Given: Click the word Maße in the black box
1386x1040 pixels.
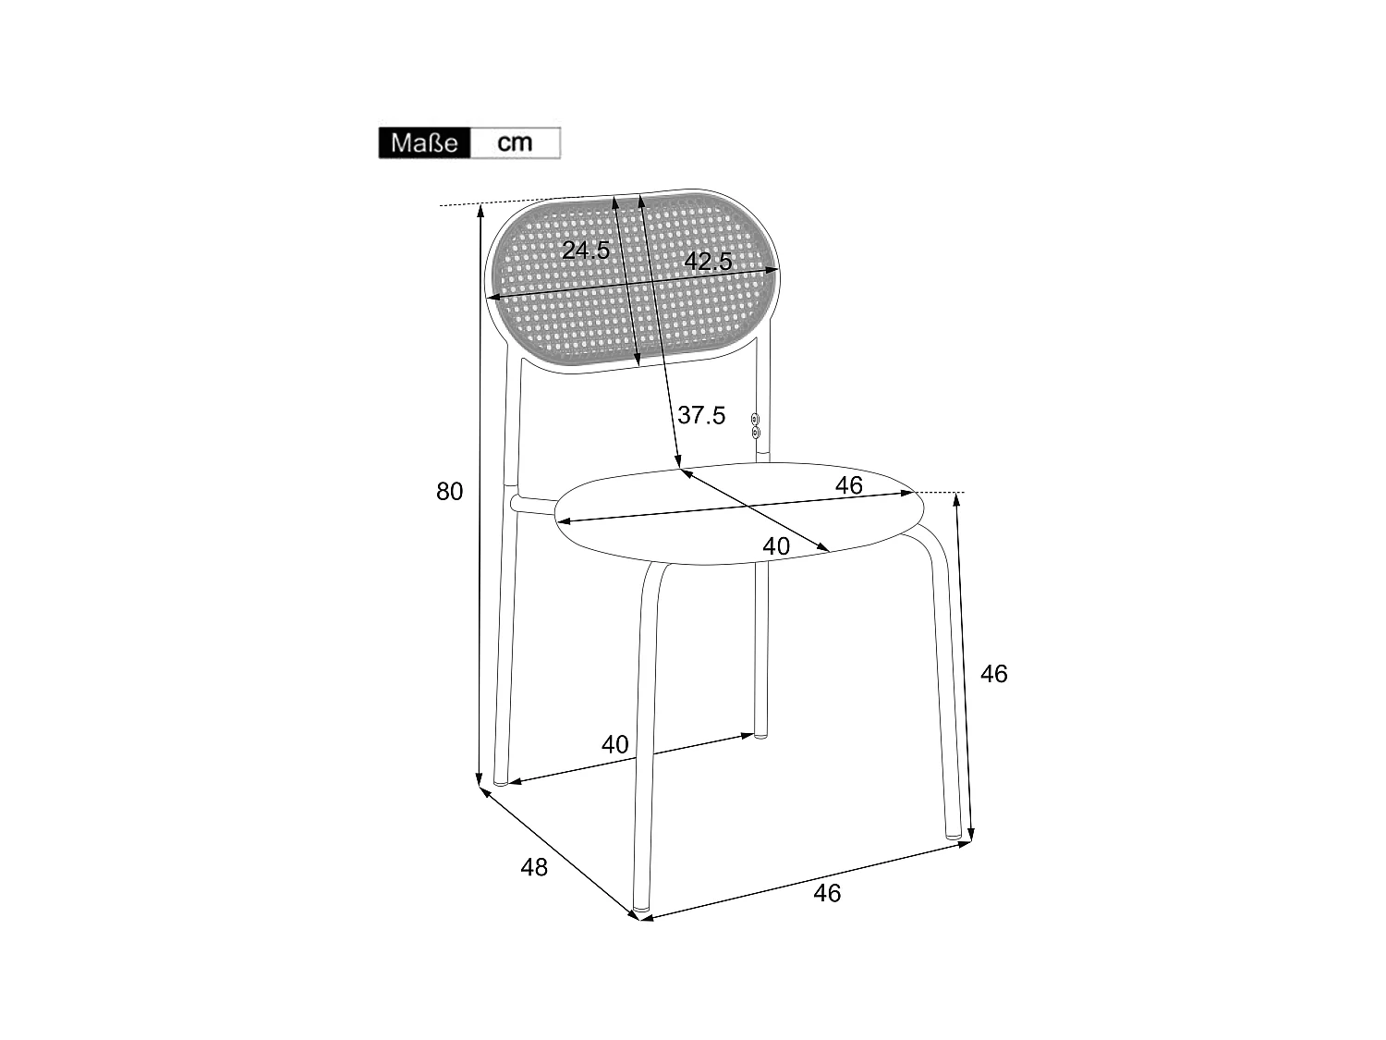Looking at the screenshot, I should point(424,143).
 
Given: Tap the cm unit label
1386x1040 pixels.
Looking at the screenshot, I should point(515,142).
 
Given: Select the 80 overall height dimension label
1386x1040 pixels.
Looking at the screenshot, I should point(449,492).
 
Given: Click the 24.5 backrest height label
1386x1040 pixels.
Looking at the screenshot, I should point(586,250).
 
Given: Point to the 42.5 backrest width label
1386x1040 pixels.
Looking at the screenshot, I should point(708,262).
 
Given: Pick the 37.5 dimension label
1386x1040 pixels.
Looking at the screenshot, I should point(701,415).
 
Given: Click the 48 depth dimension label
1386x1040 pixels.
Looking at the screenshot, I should point(534,867).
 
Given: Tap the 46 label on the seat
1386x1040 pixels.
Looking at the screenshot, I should point(848,484).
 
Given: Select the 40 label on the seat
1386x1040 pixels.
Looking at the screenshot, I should point(776,546).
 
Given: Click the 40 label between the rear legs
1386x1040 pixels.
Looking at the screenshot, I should point(614,743).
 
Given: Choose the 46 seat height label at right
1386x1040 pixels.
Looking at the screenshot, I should point(993,674).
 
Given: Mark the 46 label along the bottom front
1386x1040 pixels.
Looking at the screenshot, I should point(827,893).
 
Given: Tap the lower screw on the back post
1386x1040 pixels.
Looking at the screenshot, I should point(756,433).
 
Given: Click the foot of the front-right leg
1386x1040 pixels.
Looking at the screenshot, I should point(954,835).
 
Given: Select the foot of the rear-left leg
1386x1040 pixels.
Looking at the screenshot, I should point(501,781).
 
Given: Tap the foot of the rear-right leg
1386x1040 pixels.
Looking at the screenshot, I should point(760,734).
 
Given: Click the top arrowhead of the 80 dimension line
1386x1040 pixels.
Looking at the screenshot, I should point(480,209).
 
